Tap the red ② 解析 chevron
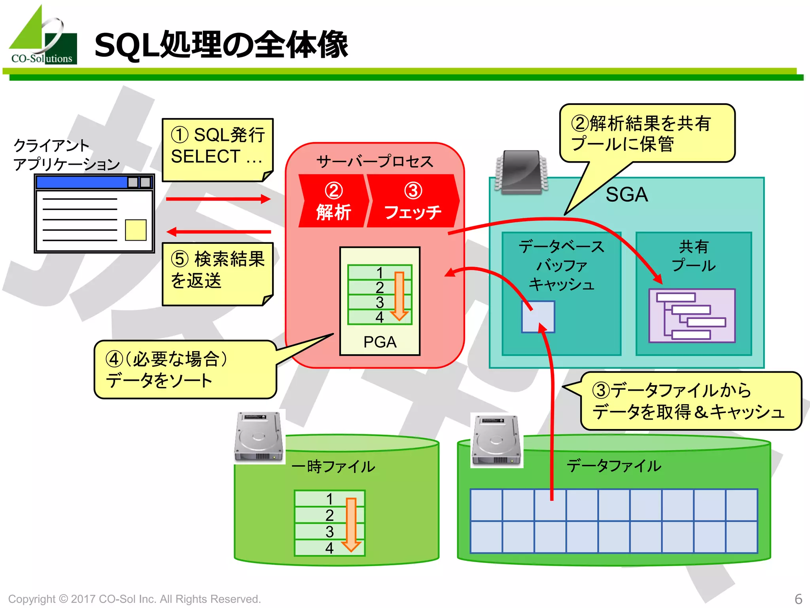pos(333,201)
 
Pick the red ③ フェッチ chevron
pos(413,201)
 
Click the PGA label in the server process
pos(380,342)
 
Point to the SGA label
pos(626,194)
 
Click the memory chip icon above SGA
pos(521,172)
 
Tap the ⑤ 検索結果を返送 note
pos(217,274)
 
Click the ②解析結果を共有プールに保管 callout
pos(647,133)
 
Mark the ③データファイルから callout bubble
pos(690,401)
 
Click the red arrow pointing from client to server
pos(218,199)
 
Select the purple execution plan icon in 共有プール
pos(692,315)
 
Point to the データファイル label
pos(614,466)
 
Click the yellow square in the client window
pos(136,230)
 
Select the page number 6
pos(798,598)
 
